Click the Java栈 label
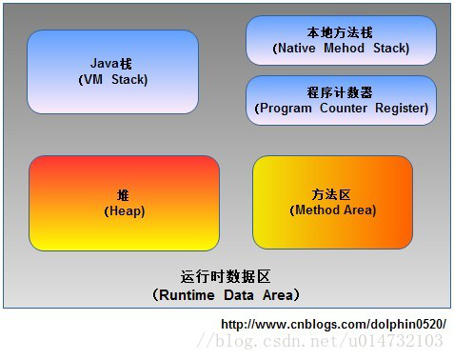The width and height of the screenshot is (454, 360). click(x=112, y=64)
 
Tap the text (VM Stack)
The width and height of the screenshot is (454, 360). click(x=112, y=79)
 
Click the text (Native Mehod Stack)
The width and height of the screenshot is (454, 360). click(x=341, y=48)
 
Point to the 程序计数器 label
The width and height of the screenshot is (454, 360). click(x=341, y=93)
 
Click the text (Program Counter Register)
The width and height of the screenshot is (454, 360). click(x=341, y=109)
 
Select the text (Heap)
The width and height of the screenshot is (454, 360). click(x=124, y=210)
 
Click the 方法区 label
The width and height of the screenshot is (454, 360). click(x=332, y=194)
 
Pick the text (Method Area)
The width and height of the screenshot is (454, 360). click(x=332, y=210)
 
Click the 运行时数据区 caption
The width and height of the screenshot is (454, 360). click(x=226, y=277)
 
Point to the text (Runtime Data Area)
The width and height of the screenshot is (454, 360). click(x=226, y=295)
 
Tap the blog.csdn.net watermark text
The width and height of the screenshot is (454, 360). click(x=331, y=341)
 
